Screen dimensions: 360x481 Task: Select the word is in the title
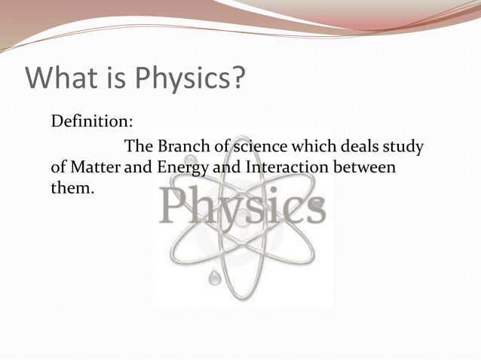coord(117,78)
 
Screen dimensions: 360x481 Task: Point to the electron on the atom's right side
coord(317,204)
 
